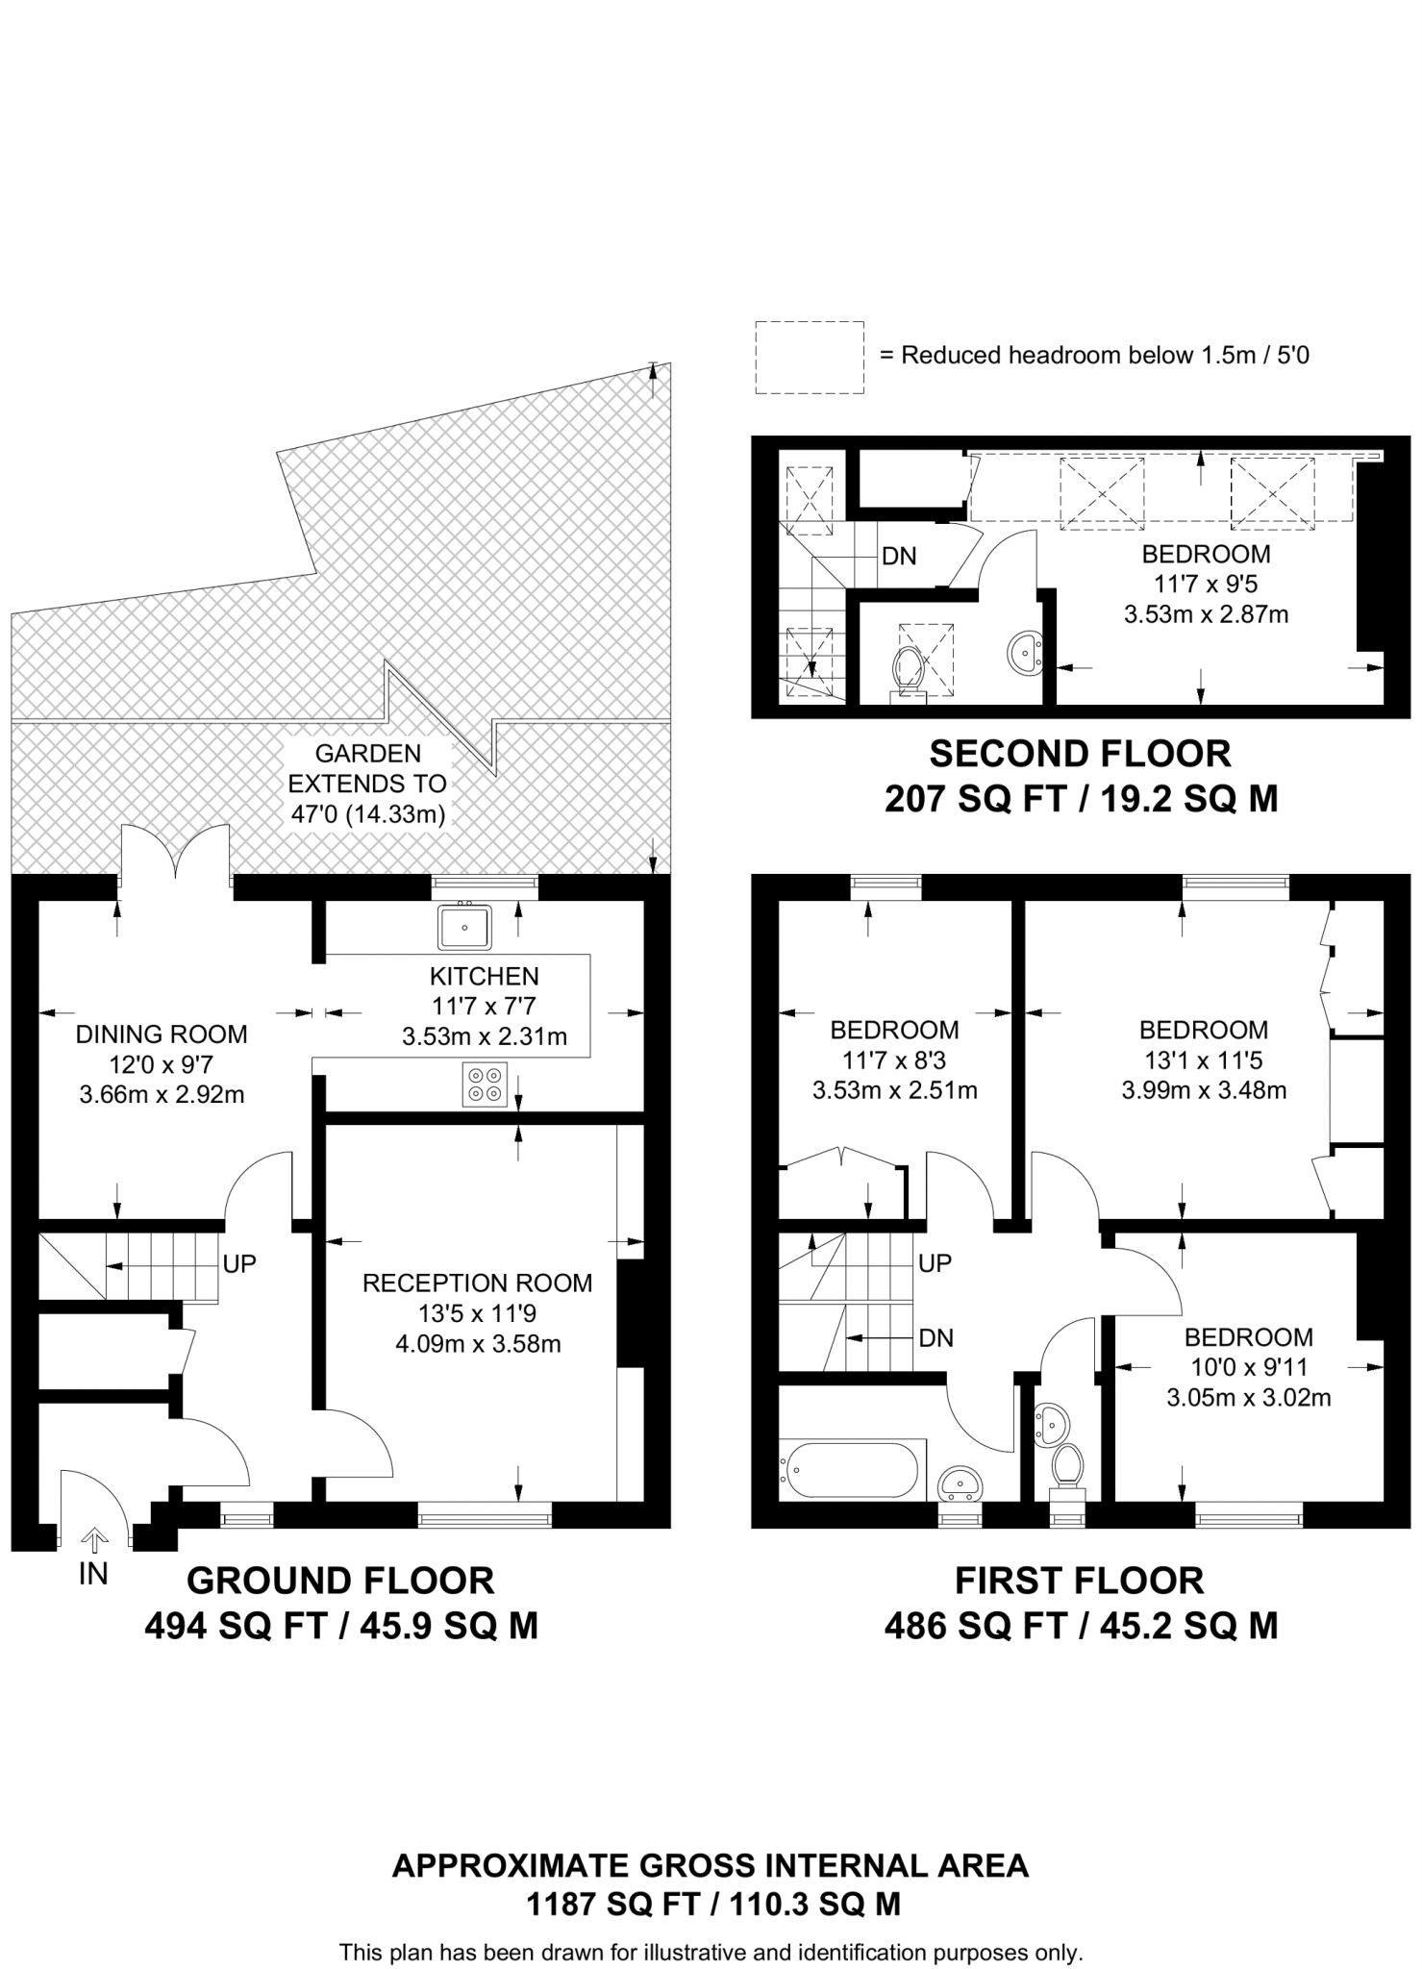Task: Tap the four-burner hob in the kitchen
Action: click(x=484, y=1084)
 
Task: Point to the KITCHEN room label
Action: click(x=484, y=977)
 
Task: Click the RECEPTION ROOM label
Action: click(x=477, y=1283)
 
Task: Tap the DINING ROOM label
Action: click(x=162, y=1034)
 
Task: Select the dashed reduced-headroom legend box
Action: click(x=809, y=357)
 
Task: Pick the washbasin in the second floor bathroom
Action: click(x=1026, y=654)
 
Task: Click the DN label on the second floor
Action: click(x=899, y=556)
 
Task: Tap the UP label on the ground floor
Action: click(x=239, y=1263)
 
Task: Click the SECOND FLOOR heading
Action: click(x=1080, y=754)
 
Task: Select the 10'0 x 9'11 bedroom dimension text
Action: click(x=1248, y=1367)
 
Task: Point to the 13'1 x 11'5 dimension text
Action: click(x=1203, y=1060)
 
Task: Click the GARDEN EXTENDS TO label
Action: click(x=367, y=768)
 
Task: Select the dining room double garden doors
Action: click(x=175, y=854)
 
